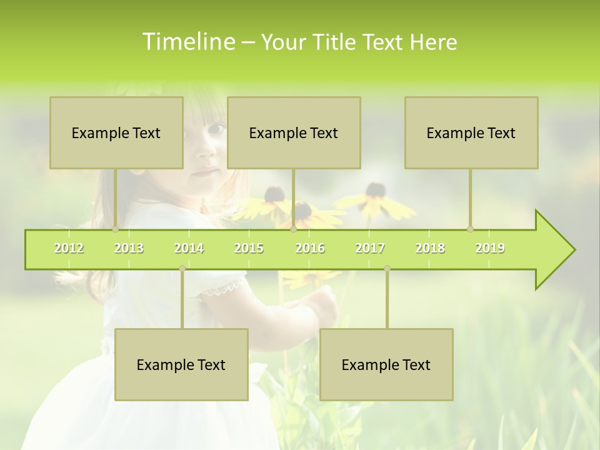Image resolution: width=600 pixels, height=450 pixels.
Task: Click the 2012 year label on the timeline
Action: pyautogui.click(x=69, y=248)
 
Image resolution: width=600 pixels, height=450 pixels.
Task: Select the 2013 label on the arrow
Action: pyautogui.click(x=129, y=248)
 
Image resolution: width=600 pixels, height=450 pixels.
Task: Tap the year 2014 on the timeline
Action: pyautogui.click(x=189, y=248)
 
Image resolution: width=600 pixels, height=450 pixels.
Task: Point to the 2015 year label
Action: pyautogui.click(x=249, y=248)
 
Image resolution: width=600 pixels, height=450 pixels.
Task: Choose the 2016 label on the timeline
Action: pyautogui.click(x=310, y=248)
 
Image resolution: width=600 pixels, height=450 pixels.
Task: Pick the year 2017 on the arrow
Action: pyautogui.click(x=370, y=248)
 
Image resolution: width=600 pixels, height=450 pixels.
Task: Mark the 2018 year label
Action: pyautogui.click(x=430, y=248)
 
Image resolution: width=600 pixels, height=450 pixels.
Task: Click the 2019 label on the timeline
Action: pyautogui.click(x=490, y=248)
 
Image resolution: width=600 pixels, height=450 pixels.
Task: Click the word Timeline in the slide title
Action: pyautogui.click(x=187, y=42)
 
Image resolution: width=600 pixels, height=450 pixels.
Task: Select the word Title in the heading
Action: pyautogui.click(x=336, y=42)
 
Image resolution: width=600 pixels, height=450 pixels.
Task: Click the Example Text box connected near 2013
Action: pyautogui.click(x=116, y=132)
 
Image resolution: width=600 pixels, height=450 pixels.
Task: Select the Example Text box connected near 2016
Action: pyautogui.click(x=294, y=132)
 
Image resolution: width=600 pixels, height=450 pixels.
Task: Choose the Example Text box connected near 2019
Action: pyautogui.click(x=471, y=132)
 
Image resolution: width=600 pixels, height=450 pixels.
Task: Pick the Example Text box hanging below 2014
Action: pyautogui.click(x=181, y=364)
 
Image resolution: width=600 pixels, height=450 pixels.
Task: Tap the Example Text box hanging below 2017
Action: pyautogui.click(x=386, y=364)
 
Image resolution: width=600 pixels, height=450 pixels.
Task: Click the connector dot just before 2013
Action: pyautogui.click(x=116, y=229)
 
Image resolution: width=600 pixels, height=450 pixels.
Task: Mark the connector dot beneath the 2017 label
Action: pyautogui.click(x=387, y=269)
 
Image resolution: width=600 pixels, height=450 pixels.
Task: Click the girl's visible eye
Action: pyautogui.click(x=216, y=129)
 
